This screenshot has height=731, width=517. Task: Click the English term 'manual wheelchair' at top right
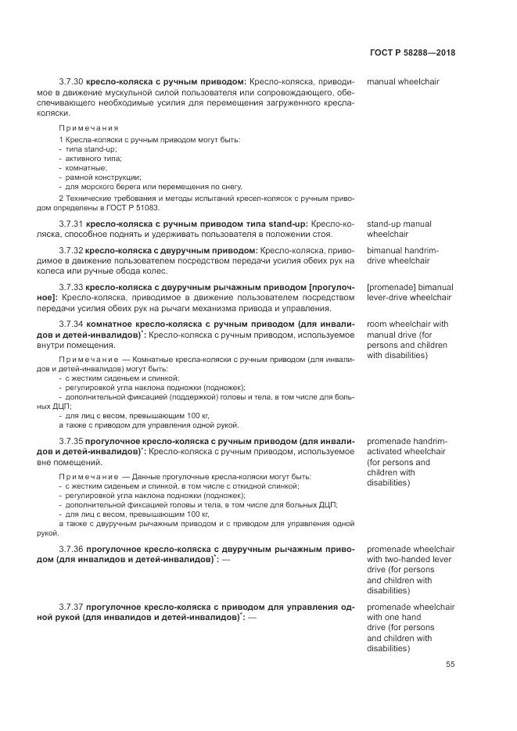tap(402, 81)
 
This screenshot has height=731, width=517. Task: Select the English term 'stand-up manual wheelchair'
tap(399, 229)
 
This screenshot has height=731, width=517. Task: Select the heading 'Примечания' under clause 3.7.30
tap(88, 127)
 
